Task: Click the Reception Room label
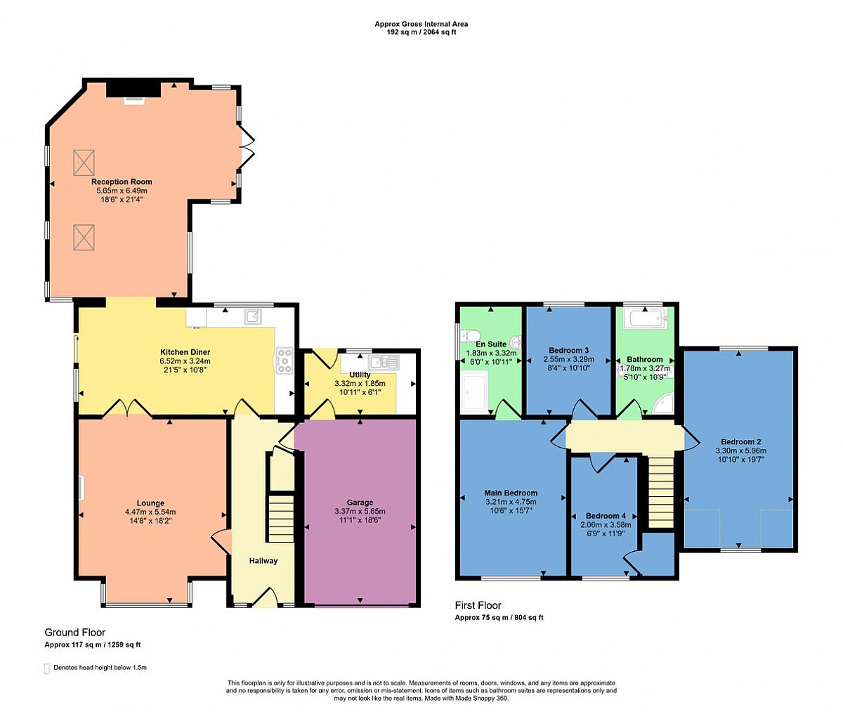tap(122, 182)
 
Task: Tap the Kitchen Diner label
tap(185, 352)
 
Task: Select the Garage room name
tap(360, 503)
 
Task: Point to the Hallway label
tap(263, 561)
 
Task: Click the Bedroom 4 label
tap(606, 516)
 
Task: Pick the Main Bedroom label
tap(511, 493)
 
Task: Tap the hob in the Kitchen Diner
tap(285, 361)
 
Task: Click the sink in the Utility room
tap(383, 363)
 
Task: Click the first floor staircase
tap(661, 491)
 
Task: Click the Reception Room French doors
tap(247, 147)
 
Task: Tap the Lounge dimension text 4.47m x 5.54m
tap(150, 512)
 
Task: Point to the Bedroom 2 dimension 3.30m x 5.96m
tap(741, 451)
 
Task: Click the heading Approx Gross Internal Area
tap(421, 24)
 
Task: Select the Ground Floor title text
tap(74, 633)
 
